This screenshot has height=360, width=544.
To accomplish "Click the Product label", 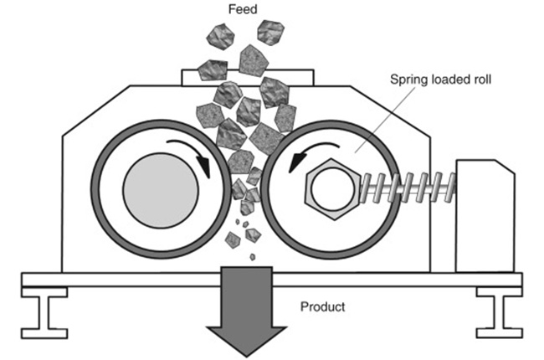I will pyautogui.click(x=322, y=306).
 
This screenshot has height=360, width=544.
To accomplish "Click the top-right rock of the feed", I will pyautogui.click(x=269, y=32).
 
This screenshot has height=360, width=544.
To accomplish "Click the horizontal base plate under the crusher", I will pyautogui.click(x=126, y=280).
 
